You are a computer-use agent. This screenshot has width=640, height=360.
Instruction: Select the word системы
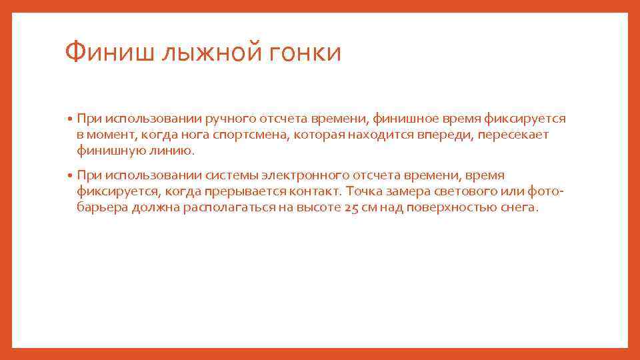233,175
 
